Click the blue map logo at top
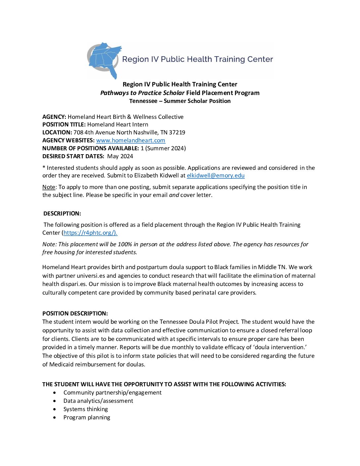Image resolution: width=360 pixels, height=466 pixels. click(x=104, y=60)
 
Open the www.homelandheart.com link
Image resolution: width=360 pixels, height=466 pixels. click(x=131, y=140)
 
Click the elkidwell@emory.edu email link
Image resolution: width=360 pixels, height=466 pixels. click(x=215, y=175)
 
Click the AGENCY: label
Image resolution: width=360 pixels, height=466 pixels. click(x=54, y=117)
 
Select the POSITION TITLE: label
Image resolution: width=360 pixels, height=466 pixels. click(x=64, y=124)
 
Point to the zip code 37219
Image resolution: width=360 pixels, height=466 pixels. click(x=177, y=132)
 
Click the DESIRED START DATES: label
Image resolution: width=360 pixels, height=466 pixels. click(x=73, y=156)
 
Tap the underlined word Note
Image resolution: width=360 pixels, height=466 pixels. click(x=49, y=187)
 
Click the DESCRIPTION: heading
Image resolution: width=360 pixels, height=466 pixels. click(x=62, y=213)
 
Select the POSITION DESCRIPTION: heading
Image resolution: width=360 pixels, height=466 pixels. click(x=75, y=313)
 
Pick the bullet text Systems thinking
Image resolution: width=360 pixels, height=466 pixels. click(x=86, y=409)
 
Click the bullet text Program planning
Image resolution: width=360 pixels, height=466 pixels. click(x=87, y=417)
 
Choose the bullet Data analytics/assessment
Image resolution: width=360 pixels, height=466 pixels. click(x=98, y=401)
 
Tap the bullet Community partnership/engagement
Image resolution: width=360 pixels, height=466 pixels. click(x=112, y=393)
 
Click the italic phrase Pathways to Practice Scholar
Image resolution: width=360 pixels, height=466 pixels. click(x=142, y=93)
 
